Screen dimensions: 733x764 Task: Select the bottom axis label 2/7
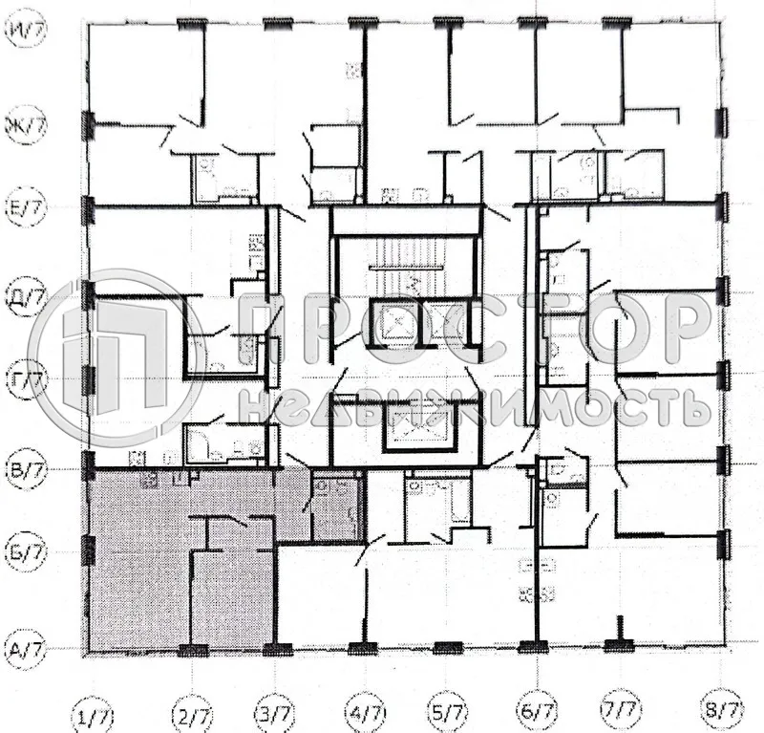[x=192, y=712]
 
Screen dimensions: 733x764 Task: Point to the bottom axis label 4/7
[x=365, y=712]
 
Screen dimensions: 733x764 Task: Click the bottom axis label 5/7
[x=450, y=712]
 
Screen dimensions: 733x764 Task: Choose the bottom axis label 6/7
[x=537, y=712]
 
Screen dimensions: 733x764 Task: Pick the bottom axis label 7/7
[x=622, y=712]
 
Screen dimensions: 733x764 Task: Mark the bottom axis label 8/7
[x=720, y=712]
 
